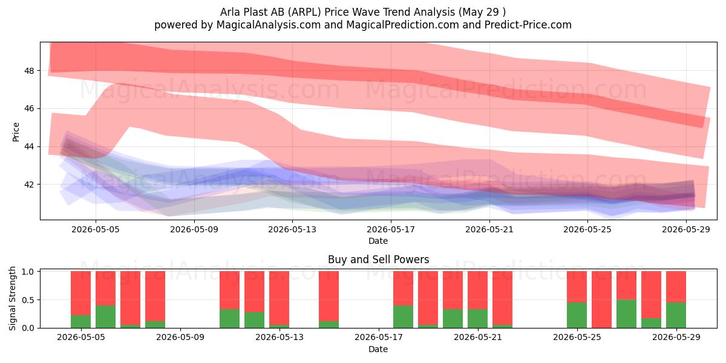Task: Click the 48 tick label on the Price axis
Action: (x=28, y=71)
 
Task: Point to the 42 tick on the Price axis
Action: (x=28, y=185)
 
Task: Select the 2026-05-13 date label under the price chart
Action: (x=292, y=229)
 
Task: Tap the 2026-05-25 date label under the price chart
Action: (x=587, y=229)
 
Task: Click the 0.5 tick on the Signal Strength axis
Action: (x=28, y=300)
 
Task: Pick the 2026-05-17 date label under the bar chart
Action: (x=379, y=337)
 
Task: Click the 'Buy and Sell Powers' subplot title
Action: (x=379, y=260)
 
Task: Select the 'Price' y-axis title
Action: (x=16, y=132)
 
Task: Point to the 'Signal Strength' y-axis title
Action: (x=12, y=298)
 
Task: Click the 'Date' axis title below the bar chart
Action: (x=378, y=349)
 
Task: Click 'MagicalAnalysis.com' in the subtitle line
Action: (x=269, y=25)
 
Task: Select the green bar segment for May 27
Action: (x=626, y=314)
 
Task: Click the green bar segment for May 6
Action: (x=105, y=316)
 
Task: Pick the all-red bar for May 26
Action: (x=601, y=299)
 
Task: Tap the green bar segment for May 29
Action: (x=676, y=315)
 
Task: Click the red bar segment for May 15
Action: (x=329, y=296)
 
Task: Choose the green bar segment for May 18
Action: (x=403, y=316)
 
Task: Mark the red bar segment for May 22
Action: (x=502, y=298)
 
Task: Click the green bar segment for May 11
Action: (x=229, y=319)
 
